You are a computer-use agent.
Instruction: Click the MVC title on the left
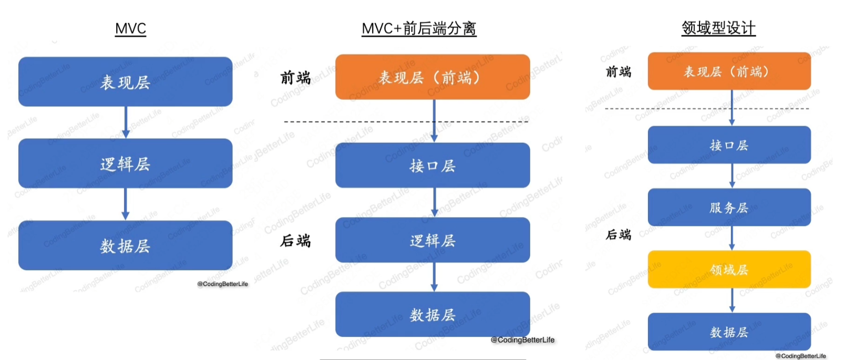(130, 28)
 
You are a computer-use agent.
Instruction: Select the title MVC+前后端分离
(419, 28)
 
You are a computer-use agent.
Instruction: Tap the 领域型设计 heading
(718, 28)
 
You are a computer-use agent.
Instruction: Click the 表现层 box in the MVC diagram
(125, 82)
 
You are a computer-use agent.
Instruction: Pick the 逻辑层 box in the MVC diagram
(125, 163)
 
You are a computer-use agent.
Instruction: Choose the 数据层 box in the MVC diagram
(125, 245)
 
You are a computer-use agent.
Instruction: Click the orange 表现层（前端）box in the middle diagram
(432, 77)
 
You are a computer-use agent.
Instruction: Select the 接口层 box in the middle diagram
(432, 166)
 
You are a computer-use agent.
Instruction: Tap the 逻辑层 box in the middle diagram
(432, 240)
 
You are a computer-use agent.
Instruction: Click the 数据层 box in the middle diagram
(432, 314)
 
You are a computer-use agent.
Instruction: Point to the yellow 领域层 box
(729, 270)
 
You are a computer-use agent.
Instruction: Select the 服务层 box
(729, 208)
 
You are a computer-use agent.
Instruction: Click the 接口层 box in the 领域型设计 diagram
(729, 145)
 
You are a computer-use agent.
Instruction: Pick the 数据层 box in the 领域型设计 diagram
(729, 332)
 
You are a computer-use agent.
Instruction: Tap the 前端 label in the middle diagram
(295, 78)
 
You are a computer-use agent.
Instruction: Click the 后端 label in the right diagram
(619, 234)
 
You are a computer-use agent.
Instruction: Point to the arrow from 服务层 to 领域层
(732, 239)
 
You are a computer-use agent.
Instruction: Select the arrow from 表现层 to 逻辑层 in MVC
(125, 122)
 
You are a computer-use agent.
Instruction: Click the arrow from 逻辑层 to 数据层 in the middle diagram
(434, 277)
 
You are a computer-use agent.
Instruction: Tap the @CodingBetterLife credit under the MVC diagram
(222, 284)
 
